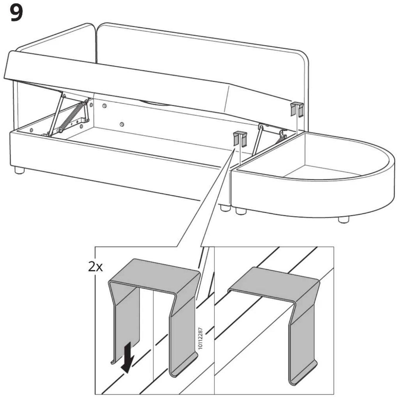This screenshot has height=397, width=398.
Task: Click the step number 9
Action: click(x=16, y=13)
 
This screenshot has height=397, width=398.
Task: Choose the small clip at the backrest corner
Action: click(x=297, y=109)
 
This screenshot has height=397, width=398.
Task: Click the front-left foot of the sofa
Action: click(x=19, y=170)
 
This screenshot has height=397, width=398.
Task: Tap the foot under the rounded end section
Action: click(x=343, y=219)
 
